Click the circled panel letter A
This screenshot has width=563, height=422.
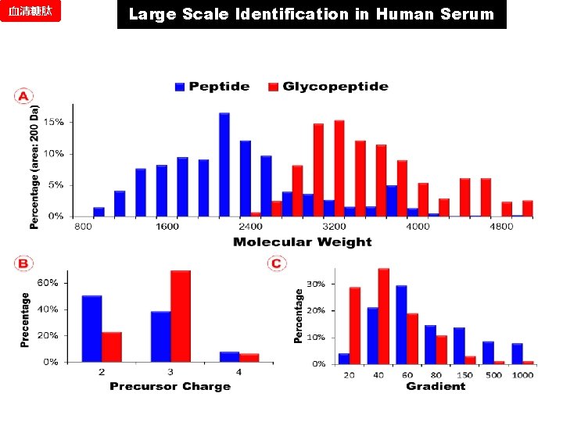click(23, 97)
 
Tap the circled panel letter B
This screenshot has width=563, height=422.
click(23, 264)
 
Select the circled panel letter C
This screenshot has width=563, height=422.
click(276, 264)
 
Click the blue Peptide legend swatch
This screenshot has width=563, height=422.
click(181, 87)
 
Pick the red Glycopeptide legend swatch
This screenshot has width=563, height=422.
click(274, 87)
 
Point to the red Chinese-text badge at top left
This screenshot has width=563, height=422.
click(30, 13)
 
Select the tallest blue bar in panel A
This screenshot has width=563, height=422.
click(224, 164)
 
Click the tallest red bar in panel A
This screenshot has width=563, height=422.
click(339, 168)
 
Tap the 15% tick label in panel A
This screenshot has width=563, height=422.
click(54, 123)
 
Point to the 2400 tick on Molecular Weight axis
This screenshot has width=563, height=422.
click(251, 227)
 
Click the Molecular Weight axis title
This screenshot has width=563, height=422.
click(302, 242)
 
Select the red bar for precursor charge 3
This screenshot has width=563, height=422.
click(181, 316)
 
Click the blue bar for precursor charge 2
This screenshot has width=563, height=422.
click(91, 328)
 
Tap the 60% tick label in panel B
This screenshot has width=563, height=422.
click(48, 283)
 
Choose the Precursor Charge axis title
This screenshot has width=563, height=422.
click(170, 386)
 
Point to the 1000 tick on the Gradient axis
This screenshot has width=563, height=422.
click(522, 375)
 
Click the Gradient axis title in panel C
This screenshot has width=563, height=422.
click(436, 386)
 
